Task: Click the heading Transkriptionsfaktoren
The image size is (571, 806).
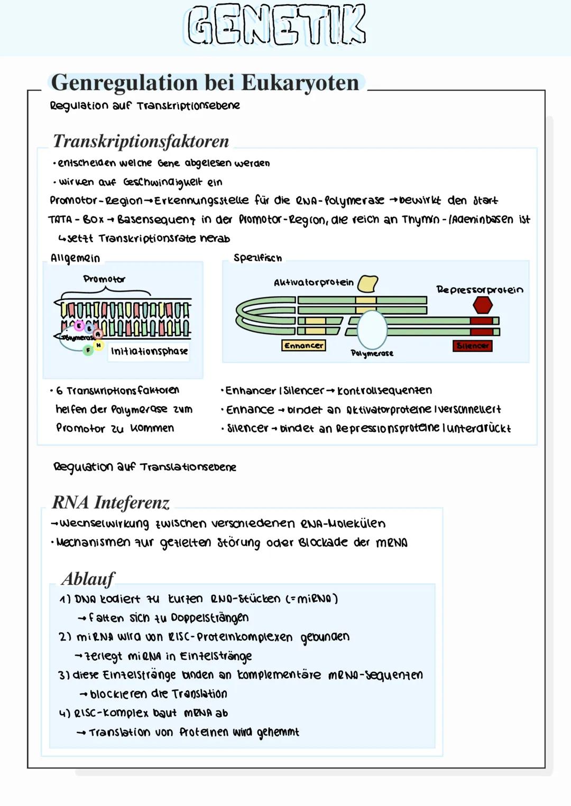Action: coord(141,141)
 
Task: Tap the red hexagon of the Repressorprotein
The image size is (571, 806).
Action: coord(482,305)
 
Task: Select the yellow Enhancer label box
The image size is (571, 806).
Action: coord(303,345)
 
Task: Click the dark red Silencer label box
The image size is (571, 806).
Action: coord(472,345)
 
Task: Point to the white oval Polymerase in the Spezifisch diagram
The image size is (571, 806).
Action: coord(372,329)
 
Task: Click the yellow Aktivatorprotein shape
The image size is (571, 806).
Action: coord(368,283)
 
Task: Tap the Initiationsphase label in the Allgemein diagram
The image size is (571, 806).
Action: coord(149,351)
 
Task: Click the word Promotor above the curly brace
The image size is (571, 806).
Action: coord(104,279)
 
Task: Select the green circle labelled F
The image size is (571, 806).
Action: coord(88,349)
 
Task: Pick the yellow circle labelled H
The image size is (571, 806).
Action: coord(98,345)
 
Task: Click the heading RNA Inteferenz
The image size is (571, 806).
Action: coord(110,502)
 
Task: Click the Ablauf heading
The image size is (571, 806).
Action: coord(88,579)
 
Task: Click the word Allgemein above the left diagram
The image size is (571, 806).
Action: coord(75,258)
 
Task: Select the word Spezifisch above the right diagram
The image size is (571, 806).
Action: coord(257,258)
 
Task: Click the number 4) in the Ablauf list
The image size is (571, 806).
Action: coord(64,713)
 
